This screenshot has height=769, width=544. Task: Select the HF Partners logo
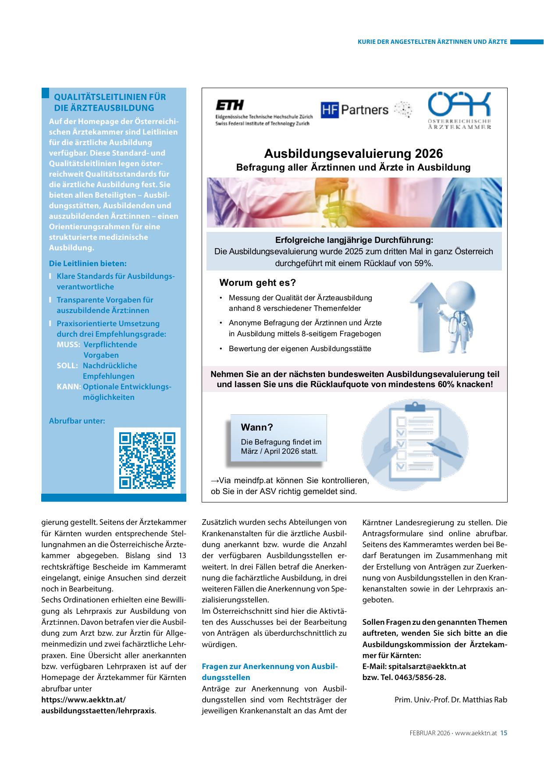coord(355,110)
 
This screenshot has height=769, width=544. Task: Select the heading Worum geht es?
coord(258,282)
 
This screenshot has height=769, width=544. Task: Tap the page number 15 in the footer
coord(504,733)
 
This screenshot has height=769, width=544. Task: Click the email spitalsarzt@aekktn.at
coord(427,666)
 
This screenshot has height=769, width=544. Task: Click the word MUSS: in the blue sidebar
coord(68,345)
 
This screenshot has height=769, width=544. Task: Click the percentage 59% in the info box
coord(423,263)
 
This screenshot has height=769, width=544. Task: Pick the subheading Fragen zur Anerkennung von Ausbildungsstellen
coord(270,672)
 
